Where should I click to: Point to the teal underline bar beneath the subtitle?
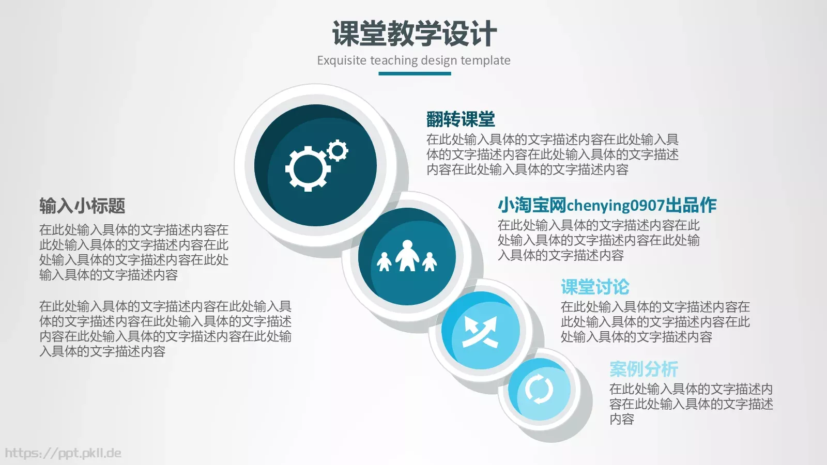[415, 73]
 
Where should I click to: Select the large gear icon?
[308, 168]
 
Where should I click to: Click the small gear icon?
[338, 151]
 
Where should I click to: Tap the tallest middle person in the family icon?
[407, 255]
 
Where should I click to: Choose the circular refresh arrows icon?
[539, 389]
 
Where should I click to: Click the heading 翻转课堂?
[461, 119]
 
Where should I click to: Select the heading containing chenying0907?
[607, 205]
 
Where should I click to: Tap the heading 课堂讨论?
[595, 287]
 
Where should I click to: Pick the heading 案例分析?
[644, 369]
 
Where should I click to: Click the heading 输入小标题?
[82, 206]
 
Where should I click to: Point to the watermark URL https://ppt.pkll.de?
[63, 453]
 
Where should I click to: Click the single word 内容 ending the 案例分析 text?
[622, 419]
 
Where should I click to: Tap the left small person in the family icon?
[384, 262]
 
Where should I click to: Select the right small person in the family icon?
[430, 262]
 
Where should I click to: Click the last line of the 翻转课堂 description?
[527, 169]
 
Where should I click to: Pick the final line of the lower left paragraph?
[102, 352]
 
